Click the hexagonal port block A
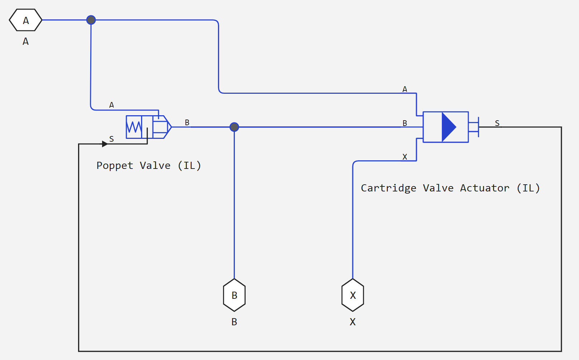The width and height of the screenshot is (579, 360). point(25,20)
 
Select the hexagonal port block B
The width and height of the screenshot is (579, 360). point(234,295)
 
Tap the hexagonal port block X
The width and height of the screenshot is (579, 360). point(353,295)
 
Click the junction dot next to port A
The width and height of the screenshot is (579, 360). point(91,20)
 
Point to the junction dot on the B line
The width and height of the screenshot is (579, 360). point(234,127)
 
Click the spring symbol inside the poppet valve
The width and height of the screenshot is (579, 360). point(134,127)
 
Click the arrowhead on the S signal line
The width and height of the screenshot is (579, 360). point(105,144)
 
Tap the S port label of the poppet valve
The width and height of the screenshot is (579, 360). point(111,139)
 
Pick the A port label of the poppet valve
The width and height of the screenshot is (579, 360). point(111,105)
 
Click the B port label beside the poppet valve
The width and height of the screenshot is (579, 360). point(187,122)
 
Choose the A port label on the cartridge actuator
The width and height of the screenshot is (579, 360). point(405,89)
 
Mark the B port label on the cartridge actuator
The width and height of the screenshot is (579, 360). point(405,123)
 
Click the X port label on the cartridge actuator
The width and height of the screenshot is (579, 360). point(405,157)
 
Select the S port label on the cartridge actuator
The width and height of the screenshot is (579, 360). point(497,123)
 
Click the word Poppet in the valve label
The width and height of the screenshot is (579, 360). point(115,166)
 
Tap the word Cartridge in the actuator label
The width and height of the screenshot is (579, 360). point(389,188)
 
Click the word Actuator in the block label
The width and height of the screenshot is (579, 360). point(484,188)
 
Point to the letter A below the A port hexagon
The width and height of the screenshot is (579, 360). point(25,42)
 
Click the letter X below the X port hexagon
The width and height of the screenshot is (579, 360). point(353,322)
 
